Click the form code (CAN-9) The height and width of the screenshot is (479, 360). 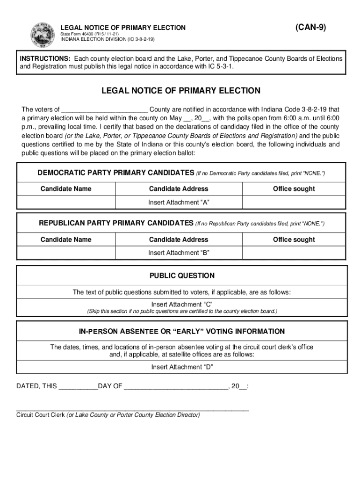pos(311,27)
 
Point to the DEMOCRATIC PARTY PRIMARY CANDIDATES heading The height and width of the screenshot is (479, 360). pos(115,173)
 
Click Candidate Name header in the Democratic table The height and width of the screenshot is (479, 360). pos(66,189)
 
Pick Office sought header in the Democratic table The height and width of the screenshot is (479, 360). pos(294,189)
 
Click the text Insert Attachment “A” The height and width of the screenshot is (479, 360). pos(179,202)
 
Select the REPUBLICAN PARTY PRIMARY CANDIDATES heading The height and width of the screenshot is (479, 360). pos(115,223)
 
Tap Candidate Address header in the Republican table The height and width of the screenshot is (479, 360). pos(179,239)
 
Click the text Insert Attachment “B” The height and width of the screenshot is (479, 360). pos(179,253)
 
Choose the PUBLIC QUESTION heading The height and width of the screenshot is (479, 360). pos(182,276)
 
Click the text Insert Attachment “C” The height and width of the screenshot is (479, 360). pos(182,305)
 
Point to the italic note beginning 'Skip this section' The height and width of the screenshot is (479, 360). pos(182,311)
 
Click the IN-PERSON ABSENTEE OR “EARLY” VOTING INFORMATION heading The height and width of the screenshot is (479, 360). pos(182,332)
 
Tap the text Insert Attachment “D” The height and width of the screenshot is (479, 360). pos(182,367)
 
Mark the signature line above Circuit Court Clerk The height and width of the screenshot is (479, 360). pos(133,409)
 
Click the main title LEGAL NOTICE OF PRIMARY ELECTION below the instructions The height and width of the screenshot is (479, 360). pos(181,91)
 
